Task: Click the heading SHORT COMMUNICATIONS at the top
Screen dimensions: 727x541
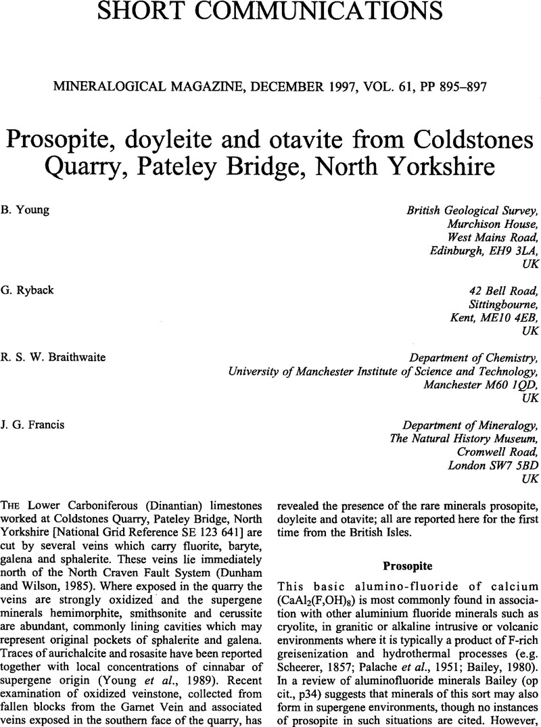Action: (x=270, y=12)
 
